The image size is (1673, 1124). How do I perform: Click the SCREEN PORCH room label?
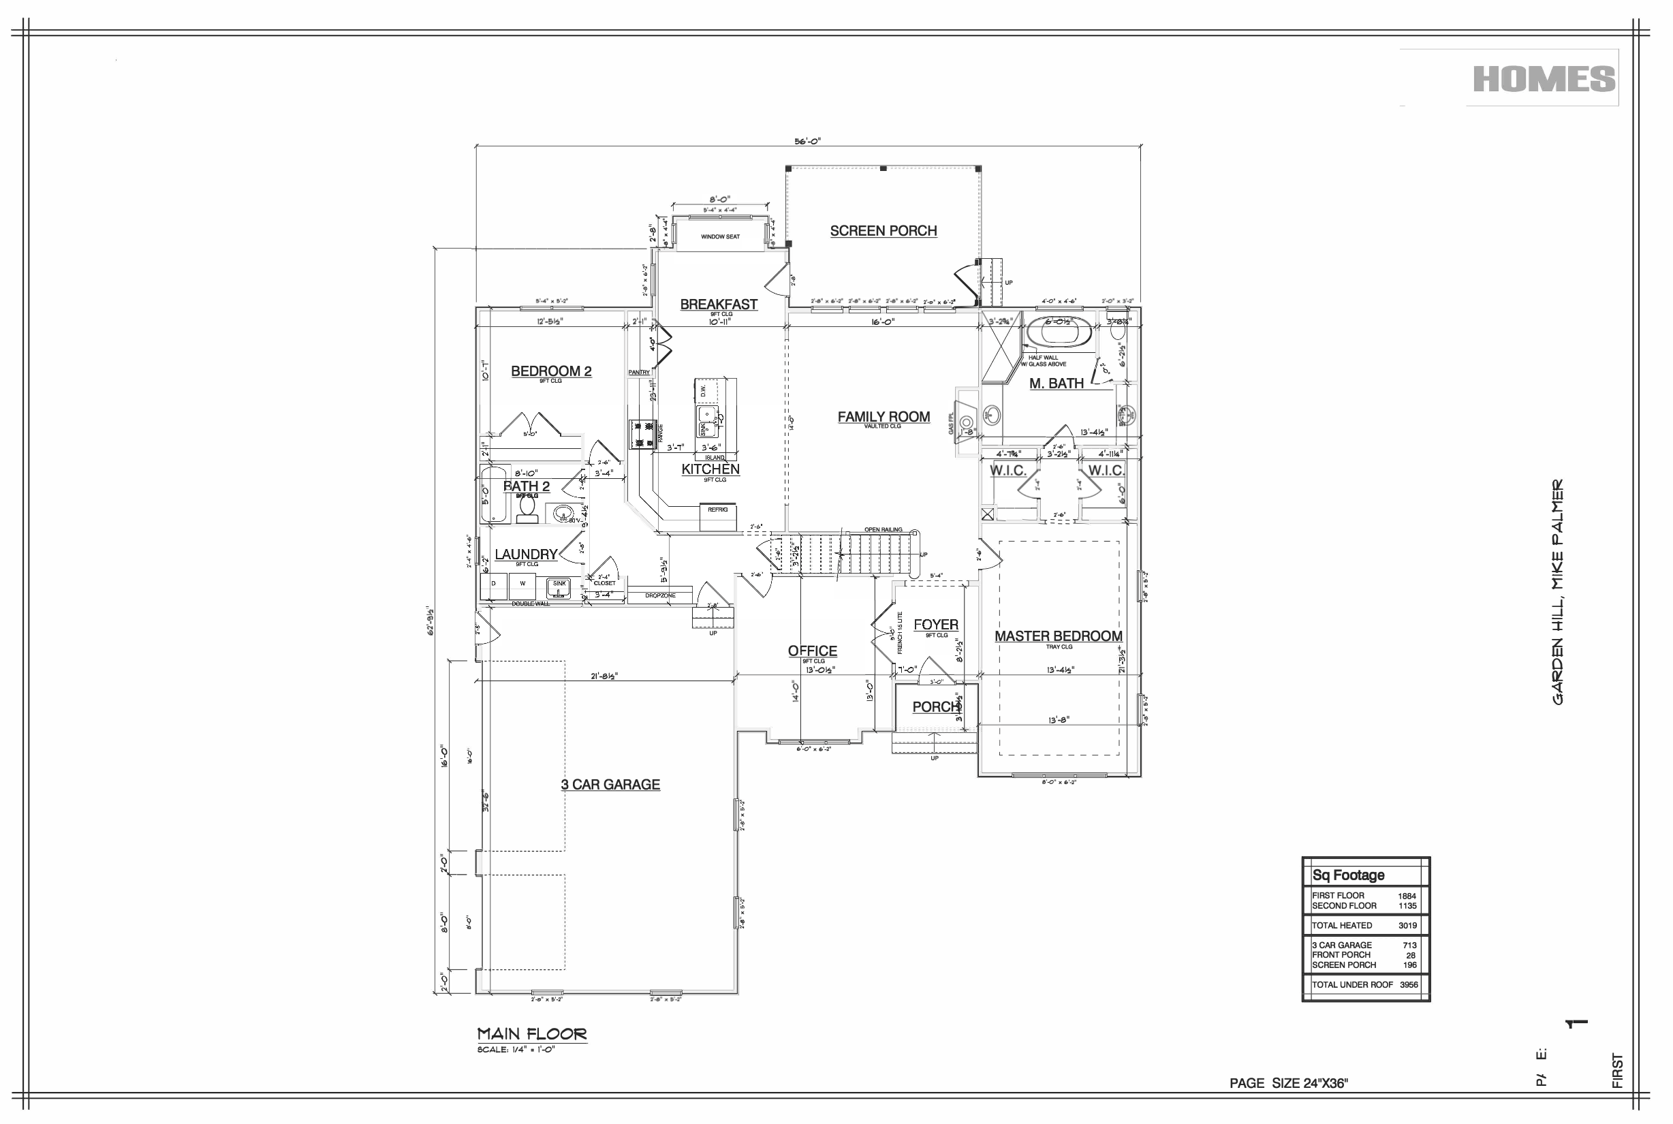[x=883, y=231]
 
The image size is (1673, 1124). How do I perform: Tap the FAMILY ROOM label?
[x=883, y=416]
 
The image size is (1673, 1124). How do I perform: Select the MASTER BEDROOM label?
[x=1058, y=636]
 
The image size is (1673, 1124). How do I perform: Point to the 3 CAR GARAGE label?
[x=610, y=784]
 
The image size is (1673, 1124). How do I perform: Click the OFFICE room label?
[x=812, y=650]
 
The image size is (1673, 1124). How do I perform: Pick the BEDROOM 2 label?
[x=550, y=371]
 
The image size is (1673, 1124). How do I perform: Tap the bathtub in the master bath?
[x=1059, y=333]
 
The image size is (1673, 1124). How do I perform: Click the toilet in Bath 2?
[x=527, y=506]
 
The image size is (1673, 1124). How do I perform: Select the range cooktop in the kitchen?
[x=643, y=435]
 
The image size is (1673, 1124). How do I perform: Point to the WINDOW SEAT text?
[x=719, y=236]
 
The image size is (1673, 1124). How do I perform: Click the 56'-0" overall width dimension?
[x=807, y=141]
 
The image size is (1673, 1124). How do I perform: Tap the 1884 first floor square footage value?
[x=1407, y=896]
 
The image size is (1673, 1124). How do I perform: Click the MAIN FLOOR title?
[x=532, y=1033]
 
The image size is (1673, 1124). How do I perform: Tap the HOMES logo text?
[x=1544, y=79]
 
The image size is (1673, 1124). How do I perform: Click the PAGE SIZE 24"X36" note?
[x=1288, y=1083]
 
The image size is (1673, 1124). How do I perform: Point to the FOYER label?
[x=935, y=625]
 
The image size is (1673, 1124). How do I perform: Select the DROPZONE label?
[x=659, y=595]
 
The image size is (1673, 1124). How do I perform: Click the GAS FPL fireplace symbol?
[x=965, y=423]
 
